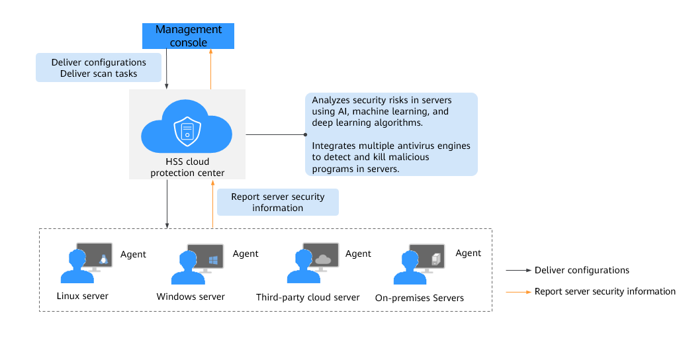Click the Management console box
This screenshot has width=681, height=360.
click(188, 36)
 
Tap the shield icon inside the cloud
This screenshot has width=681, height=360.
click(187, 131)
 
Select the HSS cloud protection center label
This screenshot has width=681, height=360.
click(187, 167)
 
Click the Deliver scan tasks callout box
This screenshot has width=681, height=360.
click(99, 67)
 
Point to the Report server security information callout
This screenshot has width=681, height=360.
click(278, 202)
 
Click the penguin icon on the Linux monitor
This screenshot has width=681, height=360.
click(103, 259)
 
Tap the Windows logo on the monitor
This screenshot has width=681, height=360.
click(213, 260)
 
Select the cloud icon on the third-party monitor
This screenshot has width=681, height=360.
click(323, 259)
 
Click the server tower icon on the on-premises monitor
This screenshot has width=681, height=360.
click(435, 259)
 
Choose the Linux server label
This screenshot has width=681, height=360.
click(83, 296)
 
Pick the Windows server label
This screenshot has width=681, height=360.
click(191, 296)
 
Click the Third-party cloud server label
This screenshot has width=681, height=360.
click(308, 298)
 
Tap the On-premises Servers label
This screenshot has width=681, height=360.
click(420, 298)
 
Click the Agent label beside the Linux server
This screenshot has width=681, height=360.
click(133, 255)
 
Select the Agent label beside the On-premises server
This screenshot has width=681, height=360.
click(468, 253)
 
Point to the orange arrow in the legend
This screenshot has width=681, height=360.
click(519, 292)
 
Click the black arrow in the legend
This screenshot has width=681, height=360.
click(519, 270)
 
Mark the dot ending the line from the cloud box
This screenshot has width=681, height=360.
click(305, 134)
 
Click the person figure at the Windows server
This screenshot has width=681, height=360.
click(188, 267)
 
